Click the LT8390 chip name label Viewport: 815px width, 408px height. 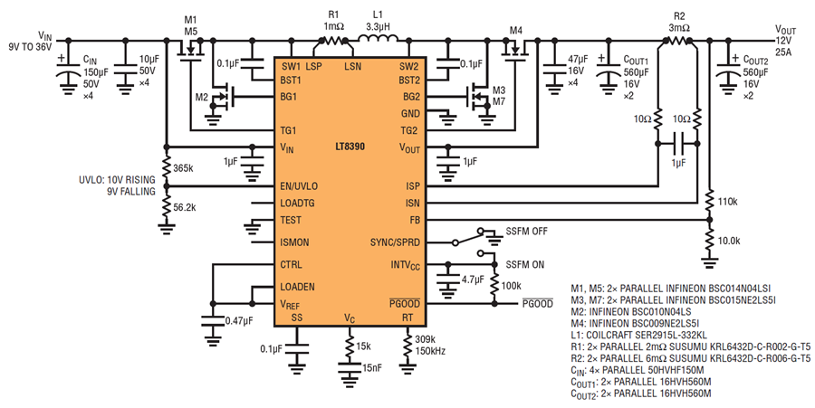[x=350, y=147]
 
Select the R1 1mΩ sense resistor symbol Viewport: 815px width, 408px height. [x=333, y=40]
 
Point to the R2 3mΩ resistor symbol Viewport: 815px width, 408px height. [x=676, y=41]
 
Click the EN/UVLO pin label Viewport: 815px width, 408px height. [x=299, y=186]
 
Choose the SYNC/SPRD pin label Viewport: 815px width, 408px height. [x=395, y=242]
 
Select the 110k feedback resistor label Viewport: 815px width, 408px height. [x=728, y=202]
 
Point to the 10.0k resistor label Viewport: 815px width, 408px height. [x=729, y=241]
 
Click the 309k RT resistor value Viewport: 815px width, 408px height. [x=426, y=340]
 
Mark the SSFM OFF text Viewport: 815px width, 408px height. [x=526, y=231]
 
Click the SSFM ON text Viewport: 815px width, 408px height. [x=525, y=265]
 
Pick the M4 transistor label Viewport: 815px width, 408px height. [x=515, y=31]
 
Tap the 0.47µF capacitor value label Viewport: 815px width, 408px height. [x=239, y=321]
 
